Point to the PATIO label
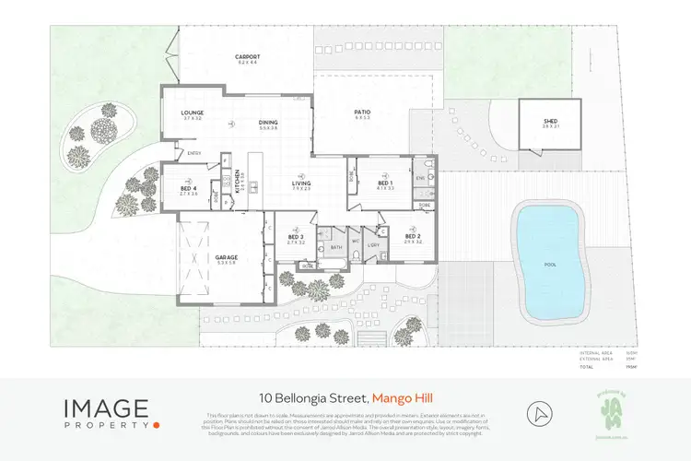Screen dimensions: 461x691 point(362,113)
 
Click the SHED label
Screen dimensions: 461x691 point(551,120)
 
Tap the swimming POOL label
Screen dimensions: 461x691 point(550,264)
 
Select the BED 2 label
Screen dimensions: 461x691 point(412,237)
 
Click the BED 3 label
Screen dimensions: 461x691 point(296,237)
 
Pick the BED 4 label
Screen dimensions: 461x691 point(189,190)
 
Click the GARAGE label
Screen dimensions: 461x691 point(227,258)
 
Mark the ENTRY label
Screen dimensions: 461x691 point(194,152)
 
